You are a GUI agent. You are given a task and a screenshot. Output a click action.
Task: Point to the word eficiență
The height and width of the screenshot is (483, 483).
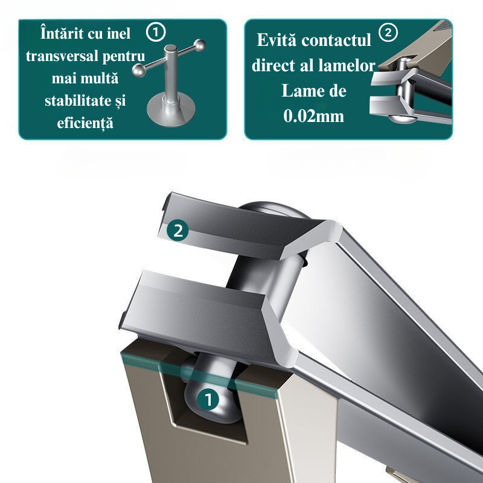pos(85,123)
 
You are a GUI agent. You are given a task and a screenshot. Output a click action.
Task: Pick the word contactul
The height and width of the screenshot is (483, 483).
pos(336,40)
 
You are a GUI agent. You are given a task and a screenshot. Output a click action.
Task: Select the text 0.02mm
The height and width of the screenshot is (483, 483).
pos(313,116)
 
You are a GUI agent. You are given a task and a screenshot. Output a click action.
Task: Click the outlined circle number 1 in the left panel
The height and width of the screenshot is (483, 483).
pos(156,32)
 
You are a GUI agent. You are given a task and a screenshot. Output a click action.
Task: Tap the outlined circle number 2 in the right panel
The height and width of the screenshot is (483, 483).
pos(388,32)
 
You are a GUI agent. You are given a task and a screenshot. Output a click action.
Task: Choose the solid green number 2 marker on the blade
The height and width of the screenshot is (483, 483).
pos(178,231)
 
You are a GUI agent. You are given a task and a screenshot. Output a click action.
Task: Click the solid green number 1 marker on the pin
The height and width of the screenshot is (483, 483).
pos(208,399)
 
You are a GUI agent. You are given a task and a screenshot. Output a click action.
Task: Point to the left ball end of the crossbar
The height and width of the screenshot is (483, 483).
pos(139,71)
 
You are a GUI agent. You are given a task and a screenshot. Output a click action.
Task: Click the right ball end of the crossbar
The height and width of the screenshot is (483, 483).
pos(200,45)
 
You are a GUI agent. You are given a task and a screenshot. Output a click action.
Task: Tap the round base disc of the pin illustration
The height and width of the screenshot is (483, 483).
pos(171,111)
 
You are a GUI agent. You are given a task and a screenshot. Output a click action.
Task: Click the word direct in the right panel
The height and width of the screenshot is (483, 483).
pos(273,65)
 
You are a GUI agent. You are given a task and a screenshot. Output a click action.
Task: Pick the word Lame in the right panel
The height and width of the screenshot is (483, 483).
pos(298,91)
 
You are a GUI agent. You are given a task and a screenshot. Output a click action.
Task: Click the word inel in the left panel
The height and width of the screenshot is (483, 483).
pos(118,33)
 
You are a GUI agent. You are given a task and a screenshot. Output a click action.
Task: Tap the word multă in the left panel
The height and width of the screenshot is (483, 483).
pos(102,78)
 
